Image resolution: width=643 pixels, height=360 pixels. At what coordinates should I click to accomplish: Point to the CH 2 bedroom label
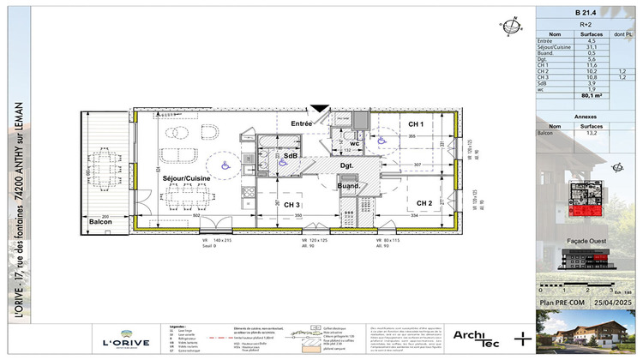click(x=423, y=203)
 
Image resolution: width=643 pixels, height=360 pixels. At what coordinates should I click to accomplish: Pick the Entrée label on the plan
click(x=301, y=124)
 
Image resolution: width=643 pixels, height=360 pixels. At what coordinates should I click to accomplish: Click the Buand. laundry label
click(x=347, y=186)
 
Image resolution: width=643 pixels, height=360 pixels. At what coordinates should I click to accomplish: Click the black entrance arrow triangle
click(x=319, y=109)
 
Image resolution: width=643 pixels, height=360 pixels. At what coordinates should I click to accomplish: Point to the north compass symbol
click(x=514, y=25)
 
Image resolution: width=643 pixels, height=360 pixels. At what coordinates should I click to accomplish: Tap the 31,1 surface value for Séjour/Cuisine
click(x=591, y=46)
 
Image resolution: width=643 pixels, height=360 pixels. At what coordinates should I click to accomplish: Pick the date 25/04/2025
click(x=610, y=303)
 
